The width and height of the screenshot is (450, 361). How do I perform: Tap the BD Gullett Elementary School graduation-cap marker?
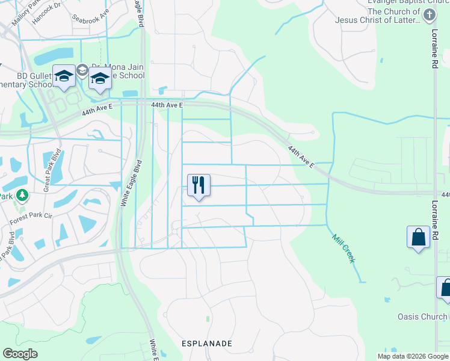coord(64,76)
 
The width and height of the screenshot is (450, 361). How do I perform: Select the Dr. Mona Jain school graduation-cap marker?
coord(100,79)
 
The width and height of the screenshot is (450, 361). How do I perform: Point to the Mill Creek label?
coord(344,248)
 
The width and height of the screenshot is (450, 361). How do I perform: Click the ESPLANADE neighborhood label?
coord(207,343)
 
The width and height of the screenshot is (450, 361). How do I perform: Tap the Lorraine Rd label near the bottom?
coord(437,231)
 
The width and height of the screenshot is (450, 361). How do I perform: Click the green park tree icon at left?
coord(22,195)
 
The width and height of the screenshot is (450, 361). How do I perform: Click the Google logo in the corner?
coord(20,354)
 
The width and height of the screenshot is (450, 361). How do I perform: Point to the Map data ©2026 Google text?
coord(413,356)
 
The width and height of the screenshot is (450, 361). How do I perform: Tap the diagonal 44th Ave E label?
coord(300,156)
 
